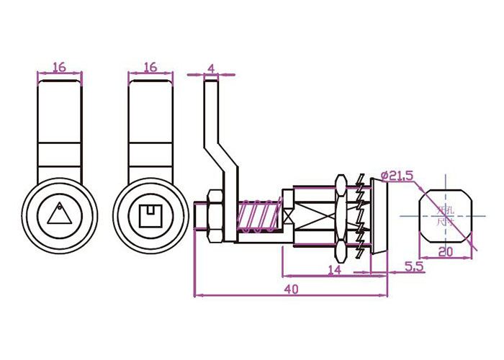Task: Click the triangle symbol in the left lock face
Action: coord(59,213)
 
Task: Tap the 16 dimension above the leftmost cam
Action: coord(59,67)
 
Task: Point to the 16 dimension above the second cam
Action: coord(150,67)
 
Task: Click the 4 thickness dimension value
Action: coord(210,68)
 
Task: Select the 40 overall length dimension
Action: coord(291,289)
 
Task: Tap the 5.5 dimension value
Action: coord(414,266)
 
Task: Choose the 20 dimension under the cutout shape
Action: coord(446,251)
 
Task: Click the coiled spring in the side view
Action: coord(258,215)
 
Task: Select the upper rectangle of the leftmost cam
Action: coord(59,112)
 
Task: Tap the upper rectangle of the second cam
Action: coord(150,112)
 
